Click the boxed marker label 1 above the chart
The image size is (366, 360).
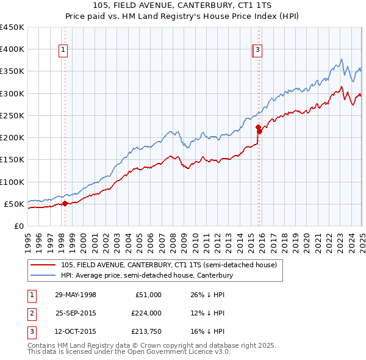coord(63,51)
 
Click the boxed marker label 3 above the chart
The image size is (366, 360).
coord(258,51)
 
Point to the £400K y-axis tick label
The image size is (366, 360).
coord(12,49)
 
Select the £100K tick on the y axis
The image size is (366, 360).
coord(12,182)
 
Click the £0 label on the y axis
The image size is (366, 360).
coord(19,226)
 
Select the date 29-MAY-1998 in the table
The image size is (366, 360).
coord(76,295)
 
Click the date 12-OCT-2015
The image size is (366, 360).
coord(76,333)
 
